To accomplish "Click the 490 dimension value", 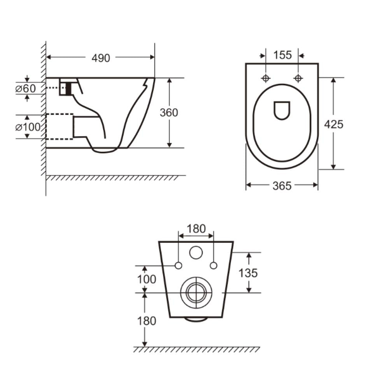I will pos(101,58).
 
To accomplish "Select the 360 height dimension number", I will pos(169,112).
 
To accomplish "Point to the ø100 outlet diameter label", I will pos(28,127).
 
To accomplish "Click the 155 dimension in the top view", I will pos(282,55).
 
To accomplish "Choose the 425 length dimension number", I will pos(334,124).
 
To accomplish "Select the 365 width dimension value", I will pos(282,186).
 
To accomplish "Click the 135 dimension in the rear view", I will pos(248,273).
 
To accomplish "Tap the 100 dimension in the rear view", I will pos(146,279).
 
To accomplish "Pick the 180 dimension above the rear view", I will pos(196,229).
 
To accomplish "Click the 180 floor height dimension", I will pos(146,321).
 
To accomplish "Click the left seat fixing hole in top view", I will pos(266,78).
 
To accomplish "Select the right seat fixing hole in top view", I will pos(298,78).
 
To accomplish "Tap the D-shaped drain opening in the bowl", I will pos(282,110).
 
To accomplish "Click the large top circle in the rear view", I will pos(196,253).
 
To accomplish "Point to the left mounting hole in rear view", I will pos(179,266).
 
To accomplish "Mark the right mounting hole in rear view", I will pos(213,266).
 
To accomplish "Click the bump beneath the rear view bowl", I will pos(196,319).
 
